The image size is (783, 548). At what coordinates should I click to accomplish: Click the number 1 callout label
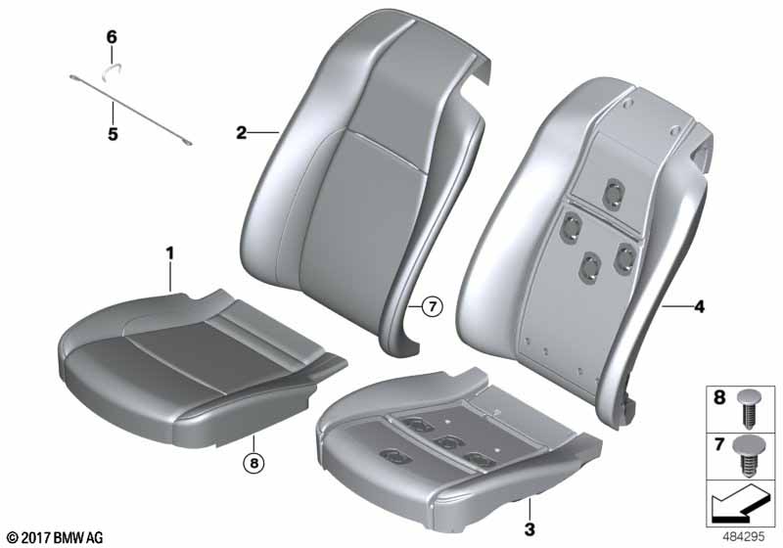pyautogui.click(x=169, y=254)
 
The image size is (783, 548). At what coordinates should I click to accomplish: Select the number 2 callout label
pyautogui.click(x=242, y=133)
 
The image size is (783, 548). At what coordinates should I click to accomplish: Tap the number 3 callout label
pyautogui.click(x=530, y=529)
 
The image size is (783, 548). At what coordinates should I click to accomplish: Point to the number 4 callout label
pyautogui.click(x=700, y=307)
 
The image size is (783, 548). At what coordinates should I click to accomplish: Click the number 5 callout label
pyautogui.click(x=113, y=134)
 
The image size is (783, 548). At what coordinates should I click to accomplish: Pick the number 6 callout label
pyautogui.click(x=112, y=37)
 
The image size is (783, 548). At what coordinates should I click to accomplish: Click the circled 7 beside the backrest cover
pyautogui.click(x=433, y=306)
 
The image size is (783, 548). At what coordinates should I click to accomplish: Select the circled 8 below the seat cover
pyautogui.click(x=253, y=464)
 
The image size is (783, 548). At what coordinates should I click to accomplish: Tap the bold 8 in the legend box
pyautogui.click(x=719, y=397)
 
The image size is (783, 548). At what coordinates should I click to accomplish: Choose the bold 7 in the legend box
pyautogui.click(x=719, y=443)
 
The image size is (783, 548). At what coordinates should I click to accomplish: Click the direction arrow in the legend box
pyautogui.click(x=738, y=503)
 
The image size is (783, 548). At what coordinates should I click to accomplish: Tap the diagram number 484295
pyautogui.click(x=744, y=537)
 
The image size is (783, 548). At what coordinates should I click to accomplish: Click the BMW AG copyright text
pyautogui.click(x=56, y=537)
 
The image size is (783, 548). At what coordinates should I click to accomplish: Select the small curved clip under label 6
pyautogui.click(x=112, y=71)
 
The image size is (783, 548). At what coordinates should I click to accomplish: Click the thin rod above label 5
pyautogui.click(x=130, y=111)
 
